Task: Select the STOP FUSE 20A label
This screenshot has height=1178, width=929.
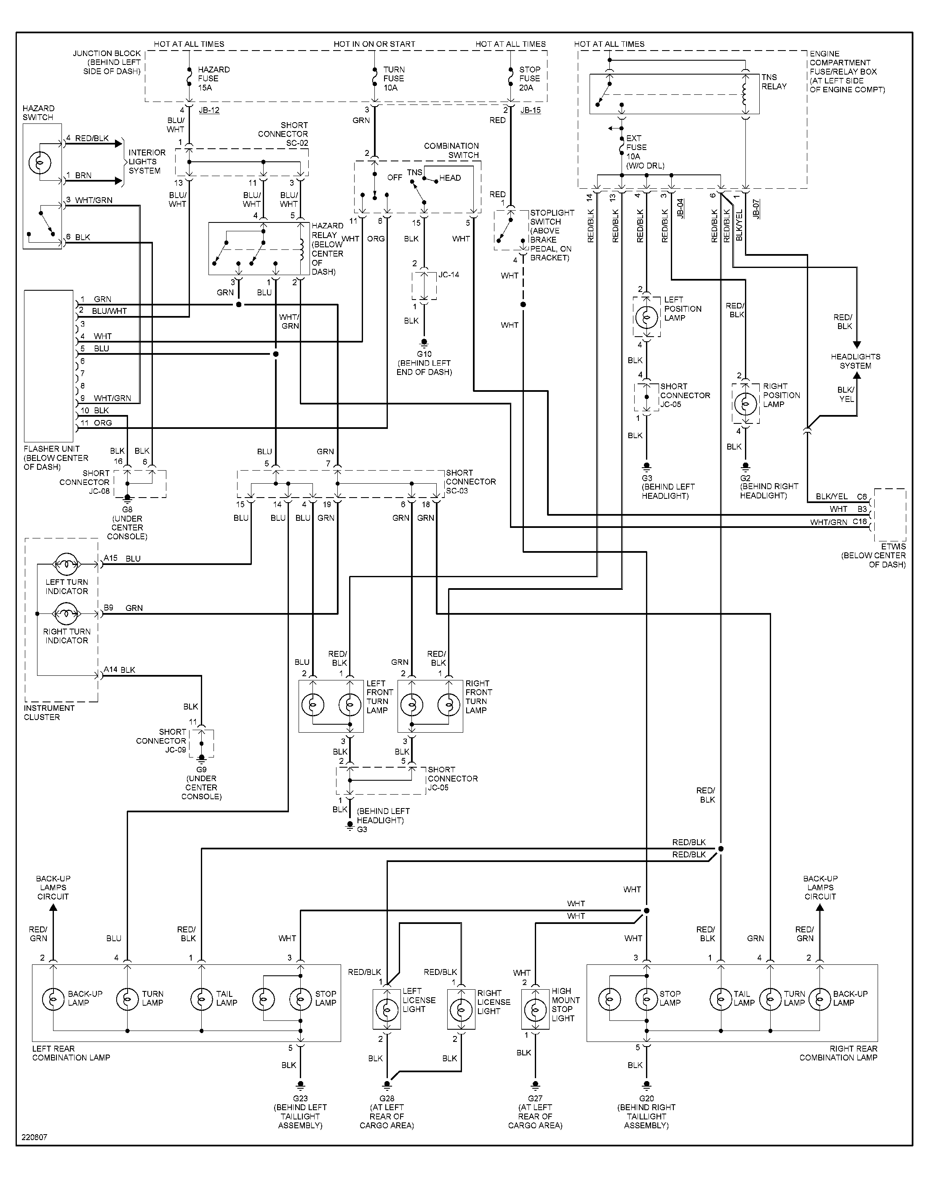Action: pyautogui.click(x=529, y=78)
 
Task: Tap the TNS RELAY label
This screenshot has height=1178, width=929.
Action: pyautogui.click(x=774, y=82)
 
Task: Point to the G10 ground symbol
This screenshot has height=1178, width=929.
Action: pyautogui.click(x=424, y=343)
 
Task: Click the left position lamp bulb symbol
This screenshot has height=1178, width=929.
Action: pyautogui.click(x=647, y=316)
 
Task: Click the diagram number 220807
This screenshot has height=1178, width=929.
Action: pyautogui.click(x=35, y=1137)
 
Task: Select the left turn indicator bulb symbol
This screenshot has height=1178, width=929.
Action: pyautogui.click(x=67, y=564)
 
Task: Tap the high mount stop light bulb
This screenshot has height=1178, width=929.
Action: pyautogui.click(x=535, y=1010)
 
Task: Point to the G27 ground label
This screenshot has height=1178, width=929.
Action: pyautogui.click(x=535, y=1098)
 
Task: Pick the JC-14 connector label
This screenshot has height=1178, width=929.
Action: pyautogui.click(x=449, y=275)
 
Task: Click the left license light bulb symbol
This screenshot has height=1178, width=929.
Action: pyautogui.click(x=386, y=1010)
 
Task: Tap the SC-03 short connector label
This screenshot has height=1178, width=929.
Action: pyautogui.click(x=470, y=482)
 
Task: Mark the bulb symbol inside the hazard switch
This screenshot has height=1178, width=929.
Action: pyautogui.click(x=39, y=162)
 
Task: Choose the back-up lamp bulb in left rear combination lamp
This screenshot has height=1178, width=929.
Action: pyautogui.click(x=53, y=999)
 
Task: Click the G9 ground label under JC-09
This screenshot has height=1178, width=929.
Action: pyautogui.click(x=201, y=769)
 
